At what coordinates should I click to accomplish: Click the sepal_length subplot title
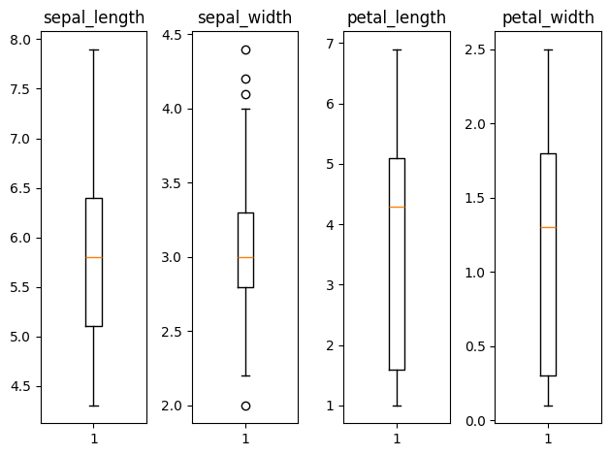pos(94,17)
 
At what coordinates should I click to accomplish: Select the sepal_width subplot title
pos(245,17)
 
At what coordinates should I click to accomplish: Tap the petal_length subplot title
pos(397,17)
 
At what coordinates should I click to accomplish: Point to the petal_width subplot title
pos(548,17)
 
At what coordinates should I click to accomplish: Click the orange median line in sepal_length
pos(94,257)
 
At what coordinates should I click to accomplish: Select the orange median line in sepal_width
pos(245,257)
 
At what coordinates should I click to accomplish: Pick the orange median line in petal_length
pos(397,207)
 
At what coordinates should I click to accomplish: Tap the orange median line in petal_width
pos(548,227)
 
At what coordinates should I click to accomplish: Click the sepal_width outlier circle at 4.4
pos(245,49)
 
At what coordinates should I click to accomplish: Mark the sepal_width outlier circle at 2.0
pos(245,406)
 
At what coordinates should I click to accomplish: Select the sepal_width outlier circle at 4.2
pos(245,80)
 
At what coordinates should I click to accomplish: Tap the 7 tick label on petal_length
pos(331,44)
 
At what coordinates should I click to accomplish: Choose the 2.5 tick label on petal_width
pos(477,49)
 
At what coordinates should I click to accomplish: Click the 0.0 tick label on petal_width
pos(477,421)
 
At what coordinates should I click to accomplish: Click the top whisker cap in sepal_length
pos(94,49)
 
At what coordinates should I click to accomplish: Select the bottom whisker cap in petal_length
pos(397,406)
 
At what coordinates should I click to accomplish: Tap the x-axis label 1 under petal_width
pos(548,439)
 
